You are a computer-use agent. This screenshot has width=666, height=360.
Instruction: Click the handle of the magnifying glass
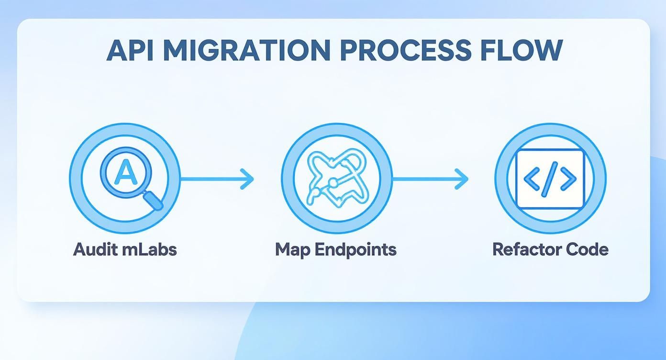154,200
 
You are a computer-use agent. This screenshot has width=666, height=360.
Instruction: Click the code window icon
550,179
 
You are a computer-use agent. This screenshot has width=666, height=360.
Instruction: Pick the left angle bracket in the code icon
532,179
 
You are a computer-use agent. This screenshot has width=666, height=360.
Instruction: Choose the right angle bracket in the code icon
568,179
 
